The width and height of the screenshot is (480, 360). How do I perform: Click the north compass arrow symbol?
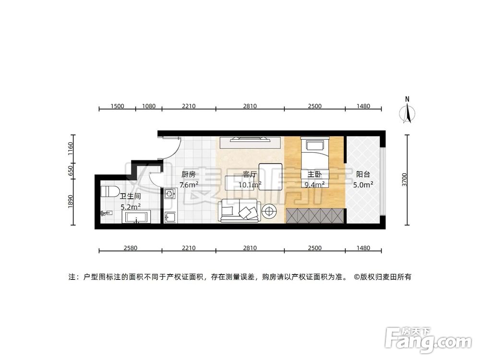click(408, 113)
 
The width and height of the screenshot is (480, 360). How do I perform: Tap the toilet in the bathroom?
click(110, 192)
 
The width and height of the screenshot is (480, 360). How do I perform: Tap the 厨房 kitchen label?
click(189, 175)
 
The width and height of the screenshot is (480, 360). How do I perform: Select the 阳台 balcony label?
click(363, 175)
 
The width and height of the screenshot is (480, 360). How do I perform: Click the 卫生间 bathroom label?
click(130, 196)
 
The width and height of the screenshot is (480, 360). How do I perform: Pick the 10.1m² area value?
click(250, 184)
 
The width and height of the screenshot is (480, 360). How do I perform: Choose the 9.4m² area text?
click(314, 184)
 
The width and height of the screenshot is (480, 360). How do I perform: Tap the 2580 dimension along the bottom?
click(130, 248)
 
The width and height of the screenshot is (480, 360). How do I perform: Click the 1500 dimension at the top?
click(117, 106)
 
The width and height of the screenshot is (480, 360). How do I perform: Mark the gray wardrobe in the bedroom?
click(314, 216)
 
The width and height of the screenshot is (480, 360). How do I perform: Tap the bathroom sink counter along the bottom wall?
click(138, 218)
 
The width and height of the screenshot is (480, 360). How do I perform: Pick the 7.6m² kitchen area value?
click(189, 185)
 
